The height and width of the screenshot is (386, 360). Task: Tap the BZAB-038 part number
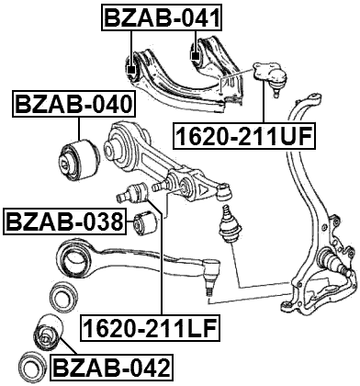click(63, 221)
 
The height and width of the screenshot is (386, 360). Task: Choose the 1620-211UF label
click(244, 137)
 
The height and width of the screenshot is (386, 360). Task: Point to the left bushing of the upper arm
click(131, 66)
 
